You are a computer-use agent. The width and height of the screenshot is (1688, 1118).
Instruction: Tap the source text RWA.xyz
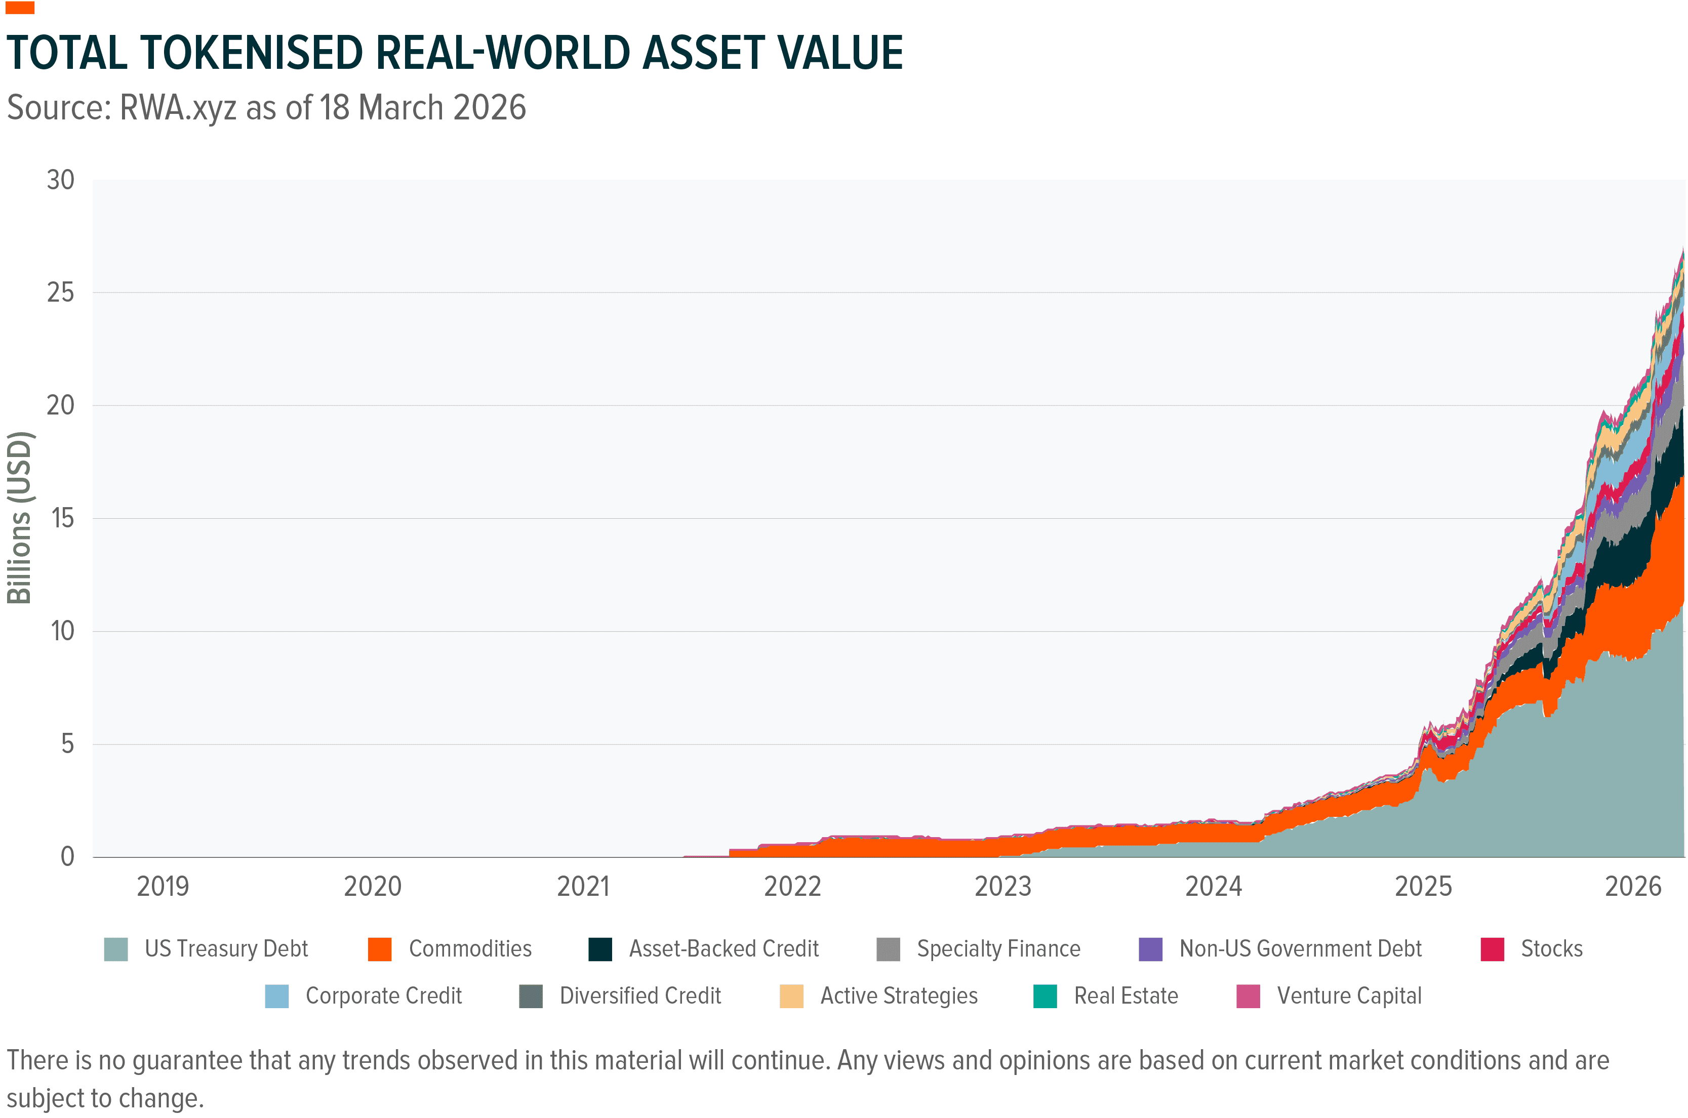pyautogui.click(x=178, y=108)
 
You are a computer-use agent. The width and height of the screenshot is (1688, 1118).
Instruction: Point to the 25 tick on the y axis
pyautogui.click(x=61, y=293)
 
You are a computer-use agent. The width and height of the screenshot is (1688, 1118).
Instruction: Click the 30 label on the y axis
pyautogui.click(x=61, y=180)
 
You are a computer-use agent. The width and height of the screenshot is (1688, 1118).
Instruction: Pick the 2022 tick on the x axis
pyautogui.click(x=792, y=886)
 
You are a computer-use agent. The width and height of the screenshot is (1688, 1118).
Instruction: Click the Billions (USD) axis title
pyautogui.click(x=19, y=518)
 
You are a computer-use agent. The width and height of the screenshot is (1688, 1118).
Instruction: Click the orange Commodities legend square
pyautogui.click(x=379, y=949)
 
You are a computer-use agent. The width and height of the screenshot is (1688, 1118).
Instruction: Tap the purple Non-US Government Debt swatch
pyautogui.click(x=1150, y=949)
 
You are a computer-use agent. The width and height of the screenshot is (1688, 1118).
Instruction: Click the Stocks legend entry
pyautogui.click(x=1551, y=949)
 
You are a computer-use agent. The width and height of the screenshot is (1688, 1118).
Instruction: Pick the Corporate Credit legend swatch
pyautogui.click(x=277, y=996)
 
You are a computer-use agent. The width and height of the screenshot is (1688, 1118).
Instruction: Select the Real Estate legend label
pyautogui.click(x=1126, y=996)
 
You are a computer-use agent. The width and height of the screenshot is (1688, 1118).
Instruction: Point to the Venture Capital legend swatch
pyautogui.click(x=1248, y=996)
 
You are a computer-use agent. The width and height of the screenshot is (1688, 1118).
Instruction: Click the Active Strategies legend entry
pyautogui.click(x=899, y=996)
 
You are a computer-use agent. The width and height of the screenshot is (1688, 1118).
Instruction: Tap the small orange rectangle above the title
pyautogui.click(x=20, y=8)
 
